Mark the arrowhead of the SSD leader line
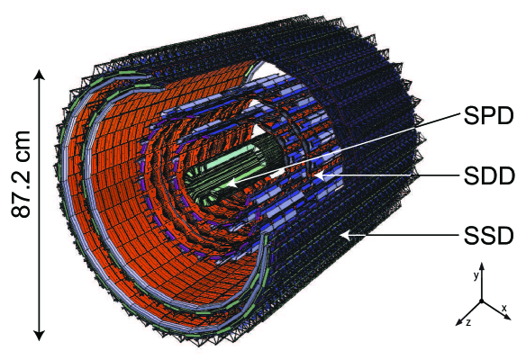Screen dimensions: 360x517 coord(341,236)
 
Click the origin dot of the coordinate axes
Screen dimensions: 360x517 coord(482,301)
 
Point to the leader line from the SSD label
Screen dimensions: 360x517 coord(396,236)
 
